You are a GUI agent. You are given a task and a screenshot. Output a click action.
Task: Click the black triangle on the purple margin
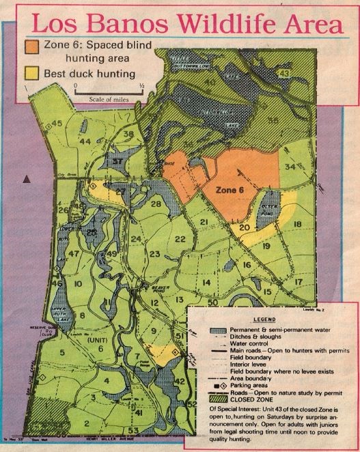[27, 178]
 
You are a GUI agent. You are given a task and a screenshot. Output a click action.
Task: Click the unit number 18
[297, 224]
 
